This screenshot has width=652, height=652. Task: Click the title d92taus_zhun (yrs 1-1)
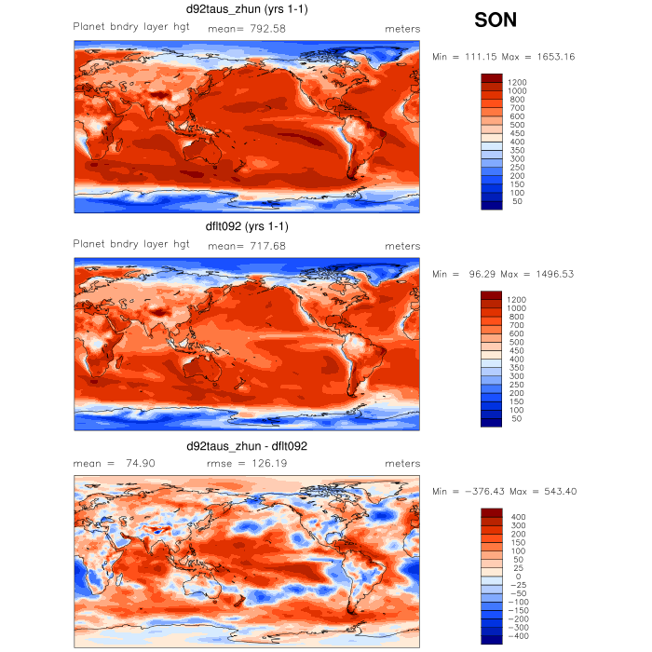tap(247, 9)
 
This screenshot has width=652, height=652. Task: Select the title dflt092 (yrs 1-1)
tap(247, 226)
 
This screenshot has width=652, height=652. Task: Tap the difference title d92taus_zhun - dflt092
tap(247, 446)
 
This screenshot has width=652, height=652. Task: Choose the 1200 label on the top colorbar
tap(517, 82)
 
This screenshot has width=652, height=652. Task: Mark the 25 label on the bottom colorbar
tap(515, 568)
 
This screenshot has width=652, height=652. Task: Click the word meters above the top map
tap(402, 28)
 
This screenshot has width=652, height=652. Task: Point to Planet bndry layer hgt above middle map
tap(131, 244)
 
